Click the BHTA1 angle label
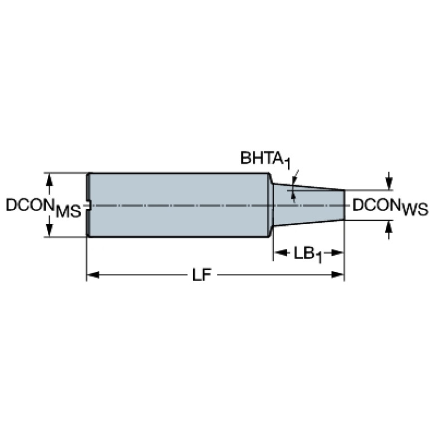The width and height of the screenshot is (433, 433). coord(266,159)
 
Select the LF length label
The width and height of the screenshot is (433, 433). coord(202,275)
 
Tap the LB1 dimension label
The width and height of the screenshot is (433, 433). coord(307,254)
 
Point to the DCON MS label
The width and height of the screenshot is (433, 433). coord(43,208)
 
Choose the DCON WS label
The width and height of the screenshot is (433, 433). coord(390,207)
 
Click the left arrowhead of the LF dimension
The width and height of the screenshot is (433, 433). coord(93,275)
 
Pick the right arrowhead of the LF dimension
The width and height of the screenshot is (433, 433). coord(338,275)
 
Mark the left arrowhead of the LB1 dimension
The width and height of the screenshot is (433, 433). coord(279,252)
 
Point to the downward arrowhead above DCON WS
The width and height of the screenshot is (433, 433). coord(389,184)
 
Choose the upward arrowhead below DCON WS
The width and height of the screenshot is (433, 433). coord(389,226)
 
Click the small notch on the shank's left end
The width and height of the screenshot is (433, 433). coord(89,205)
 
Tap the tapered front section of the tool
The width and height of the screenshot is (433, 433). coord(309,205)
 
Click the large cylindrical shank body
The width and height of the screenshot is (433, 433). coord(178,205)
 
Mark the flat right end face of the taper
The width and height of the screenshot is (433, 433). coord(344,205)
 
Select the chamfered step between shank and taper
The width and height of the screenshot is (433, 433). coord(271,205)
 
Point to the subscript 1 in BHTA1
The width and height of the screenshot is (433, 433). coord(288,164)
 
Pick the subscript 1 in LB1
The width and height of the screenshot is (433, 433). coord(318,258)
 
